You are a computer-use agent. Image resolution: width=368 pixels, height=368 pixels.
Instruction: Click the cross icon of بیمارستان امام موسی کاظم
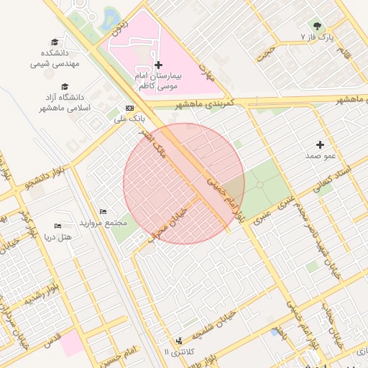click(158, 65)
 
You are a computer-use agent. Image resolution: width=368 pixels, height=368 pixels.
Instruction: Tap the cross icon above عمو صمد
click(320, 144)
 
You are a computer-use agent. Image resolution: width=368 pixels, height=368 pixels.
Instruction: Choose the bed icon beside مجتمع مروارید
click(103, 211)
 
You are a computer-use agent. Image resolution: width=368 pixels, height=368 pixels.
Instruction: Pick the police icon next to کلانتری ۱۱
click(178, 340)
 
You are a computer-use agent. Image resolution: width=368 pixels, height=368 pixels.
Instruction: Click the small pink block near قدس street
click(71, 343)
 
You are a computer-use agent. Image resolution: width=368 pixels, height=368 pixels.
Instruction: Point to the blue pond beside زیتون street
click(111, 18)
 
